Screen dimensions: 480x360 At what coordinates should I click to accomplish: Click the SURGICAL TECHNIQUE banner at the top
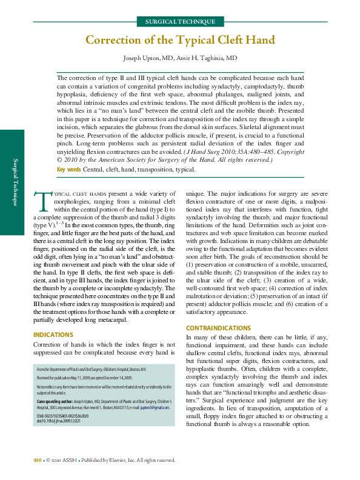180,21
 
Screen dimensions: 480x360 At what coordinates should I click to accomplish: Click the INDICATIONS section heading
53,335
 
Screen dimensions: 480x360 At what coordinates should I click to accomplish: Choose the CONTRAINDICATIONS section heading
218,328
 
